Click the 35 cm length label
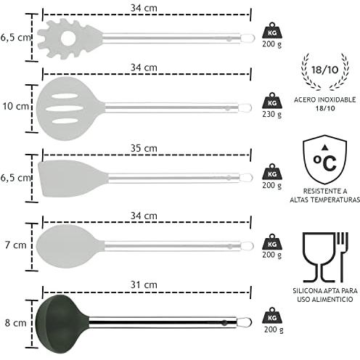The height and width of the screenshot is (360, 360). [x=144, y=148]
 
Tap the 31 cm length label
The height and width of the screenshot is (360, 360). [x=144, y=285]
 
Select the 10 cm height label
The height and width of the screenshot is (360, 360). [x=15, y=106]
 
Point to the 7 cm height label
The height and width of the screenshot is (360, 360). [x=16, y=245]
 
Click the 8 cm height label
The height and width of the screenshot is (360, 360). [x=16, y=323]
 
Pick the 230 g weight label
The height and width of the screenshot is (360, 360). [x=272, y=114]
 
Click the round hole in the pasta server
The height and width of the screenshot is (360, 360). [x=68, y=38]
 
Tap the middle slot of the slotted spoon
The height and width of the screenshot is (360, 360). [x=65, y=109]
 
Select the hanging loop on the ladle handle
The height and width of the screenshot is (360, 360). [x=245, y=322]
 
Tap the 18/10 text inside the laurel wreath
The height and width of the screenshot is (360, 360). [x=324, y=70]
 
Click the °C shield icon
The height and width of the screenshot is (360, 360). [x=324, y=160]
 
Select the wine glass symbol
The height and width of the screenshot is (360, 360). [x=319, y=258]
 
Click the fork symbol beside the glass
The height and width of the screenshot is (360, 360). [x=343, y=257]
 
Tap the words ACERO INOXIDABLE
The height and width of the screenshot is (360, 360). [x=324, y=99]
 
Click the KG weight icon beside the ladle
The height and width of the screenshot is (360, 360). [x=272, y=316]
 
